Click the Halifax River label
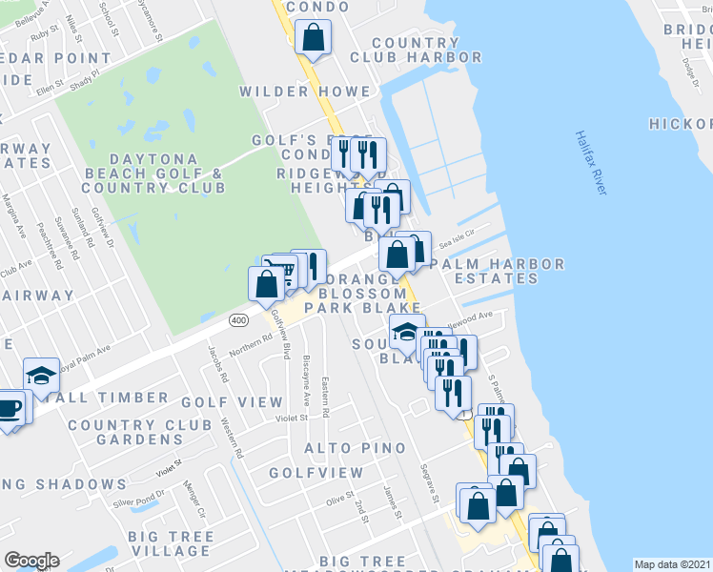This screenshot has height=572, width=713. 592,163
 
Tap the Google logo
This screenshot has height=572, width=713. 31,561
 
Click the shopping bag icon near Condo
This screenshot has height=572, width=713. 313,40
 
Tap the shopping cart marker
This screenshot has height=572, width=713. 282,272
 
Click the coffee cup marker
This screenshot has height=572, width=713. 9,409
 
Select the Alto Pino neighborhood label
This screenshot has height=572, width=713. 355,447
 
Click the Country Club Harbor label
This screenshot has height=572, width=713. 416,50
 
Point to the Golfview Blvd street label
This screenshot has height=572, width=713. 281,334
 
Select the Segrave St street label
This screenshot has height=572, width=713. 429,484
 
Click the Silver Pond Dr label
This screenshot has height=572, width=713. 138,497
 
